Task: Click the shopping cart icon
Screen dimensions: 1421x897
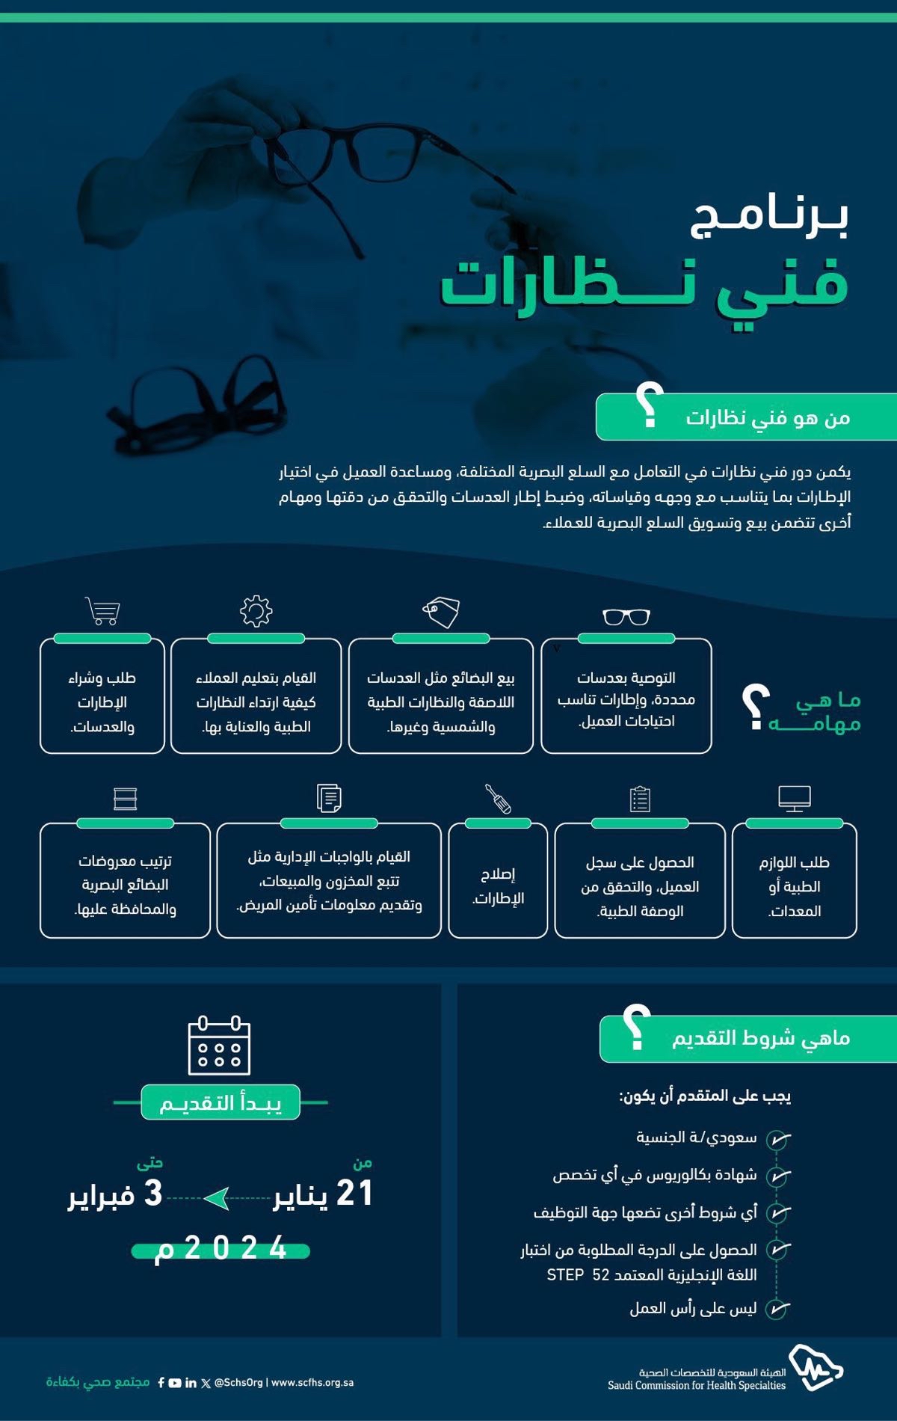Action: pyautogui.click(x=103, y=610)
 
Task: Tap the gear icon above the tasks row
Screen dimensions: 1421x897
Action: pyautogui.click(x=256, y=610)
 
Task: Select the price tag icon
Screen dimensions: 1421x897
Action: pyautogui.click(x=441, y=612)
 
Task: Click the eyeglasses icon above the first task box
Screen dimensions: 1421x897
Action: pyautogui.click(x=626, y=616)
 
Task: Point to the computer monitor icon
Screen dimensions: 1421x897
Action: pyautogui.click(x=794, y=798)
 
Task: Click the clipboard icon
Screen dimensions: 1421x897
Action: pyautogui.click(x=640, y=798)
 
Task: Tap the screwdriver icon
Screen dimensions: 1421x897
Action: pyautogui.click(x=498, y=798)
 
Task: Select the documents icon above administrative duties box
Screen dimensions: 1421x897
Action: pyautogui.click(x=329, y=798)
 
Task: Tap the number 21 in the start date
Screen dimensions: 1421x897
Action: pyautogui.click(x=354, y=1194)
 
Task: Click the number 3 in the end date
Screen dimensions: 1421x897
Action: pyautogui.click(x=152, y=1194)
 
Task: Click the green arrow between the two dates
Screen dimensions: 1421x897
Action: pyautogui.click(x=217, y=1198)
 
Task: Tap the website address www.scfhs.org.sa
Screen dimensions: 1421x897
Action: pyautogui.click(x=312, y=1382)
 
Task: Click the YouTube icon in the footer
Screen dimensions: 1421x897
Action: pyautogui.click(x=175, y=1383)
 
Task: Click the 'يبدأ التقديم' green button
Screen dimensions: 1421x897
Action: pyautogui.click(x=221, y=1102)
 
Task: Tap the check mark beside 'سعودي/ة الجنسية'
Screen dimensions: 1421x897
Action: pyautogui.click(x=778, y=1139)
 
